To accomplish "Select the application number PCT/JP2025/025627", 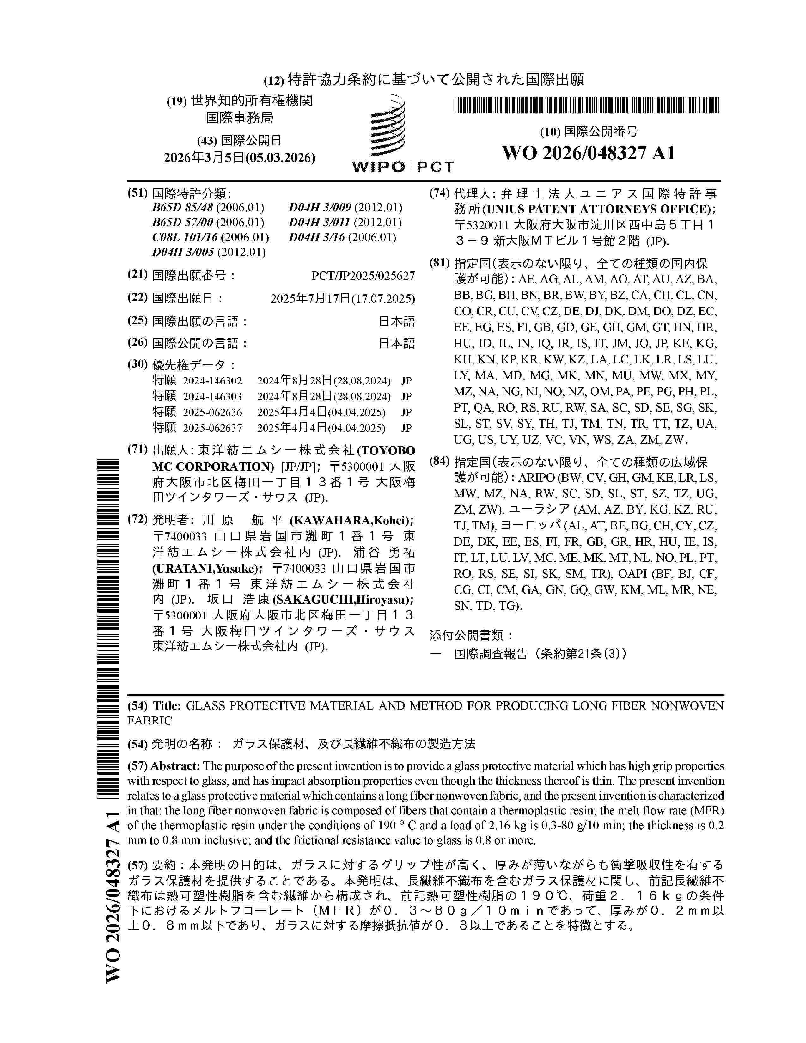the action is tap(363, 276).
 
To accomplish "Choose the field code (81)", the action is tap(440, 263).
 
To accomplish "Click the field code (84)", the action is tap(440, 461).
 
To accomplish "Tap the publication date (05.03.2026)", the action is tap(280, 158).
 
